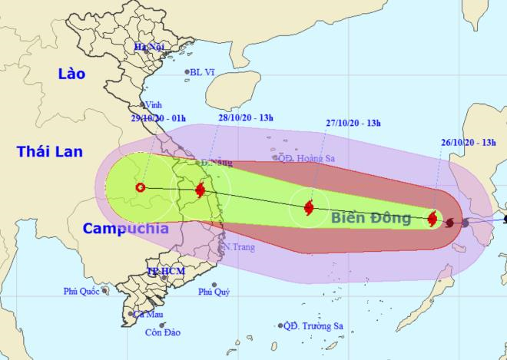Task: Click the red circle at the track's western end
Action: [x=140, y=187]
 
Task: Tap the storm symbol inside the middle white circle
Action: [x=309, y=206]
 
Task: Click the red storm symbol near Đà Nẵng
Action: [x=200, y=190]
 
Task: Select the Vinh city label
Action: [x=154, y=106]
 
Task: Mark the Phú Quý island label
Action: [x=214, y=292]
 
